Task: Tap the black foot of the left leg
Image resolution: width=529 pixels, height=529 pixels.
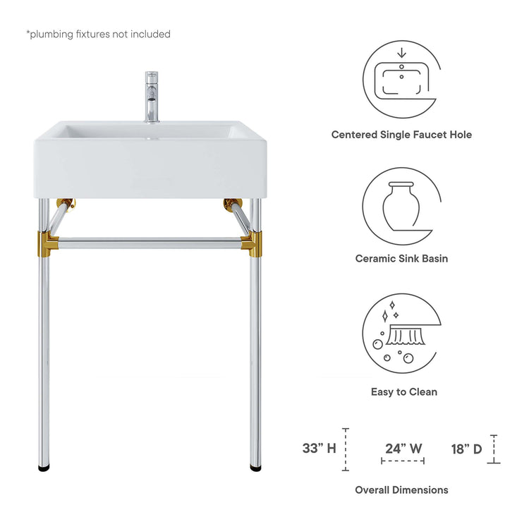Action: pyautogui.click(x=44, y=468)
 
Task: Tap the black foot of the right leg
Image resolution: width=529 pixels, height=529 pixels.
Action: pyautogui.click(x=256, y=468)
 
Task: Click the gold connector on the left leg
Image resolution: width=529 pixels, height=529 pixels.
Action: pyautogui.click(x=47, y=243)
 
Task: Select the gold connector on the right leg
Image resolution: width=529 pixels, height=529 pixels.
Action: pyautogui.click(x=252, y=243)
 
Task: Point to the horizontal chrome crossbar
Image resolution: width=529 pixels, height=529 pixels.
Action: pyautogui.click(x=150, y=243)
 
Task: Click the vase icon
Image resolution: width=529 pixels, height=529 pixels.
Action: pyautogui.click(x=401, y=206)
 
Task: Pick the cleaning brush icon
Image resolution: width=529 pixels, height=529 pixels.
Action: pyautogui.click(x=406, y=335)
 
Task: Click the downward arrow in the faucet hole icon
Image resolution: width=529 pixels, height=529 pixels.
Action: pyautogui.click(x=401, y=53)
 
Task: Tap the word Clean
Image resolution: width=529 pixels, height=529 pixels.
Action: pyautogui.click(x=423, y=391)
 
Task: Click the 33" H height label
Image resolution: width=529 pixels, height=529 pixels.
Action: pyautogui.click(x=319, y=449)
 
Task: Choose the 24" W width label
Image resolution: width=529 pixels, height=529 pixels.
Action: pyautogui.click(x=403, y=449)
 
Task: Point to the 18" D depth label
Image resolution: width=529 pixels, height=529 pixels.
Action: pyautogui.click(x=467, y=449)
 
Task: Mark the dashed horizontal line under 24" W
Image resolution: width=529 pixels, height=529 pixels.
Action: pyautogui.click(x=403, y=461)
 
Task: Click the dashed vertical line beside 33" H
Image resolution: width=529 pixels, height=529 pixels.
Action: pyautogui.click(x=346, y=449)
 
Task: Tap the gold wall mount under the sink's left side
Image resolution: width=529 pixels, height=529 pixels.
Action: pyautogui.click(x=66, y=204)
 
